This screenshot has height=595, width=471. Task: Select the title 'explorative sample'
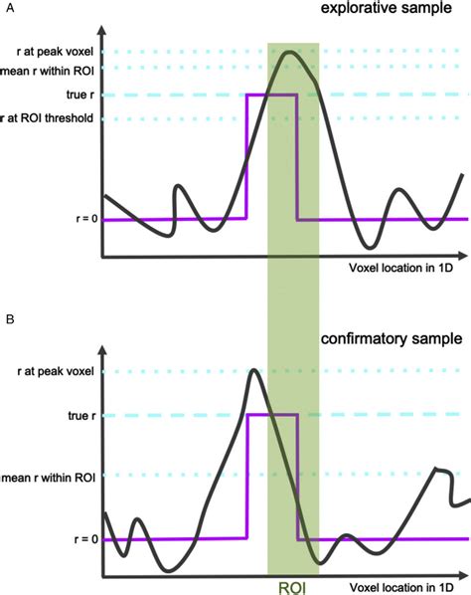click(x=403, y=12)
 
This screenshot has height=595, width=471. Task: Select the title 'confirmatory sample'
click(x=391, y=338)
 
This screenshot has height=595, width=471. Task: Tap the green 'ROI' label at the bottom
click(x=292, y=586)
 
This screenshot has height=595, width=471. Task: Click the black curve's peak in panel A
click(x=289, y=52)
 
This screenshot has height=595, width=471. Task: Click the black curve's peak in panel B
click(x=254, y=371)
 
